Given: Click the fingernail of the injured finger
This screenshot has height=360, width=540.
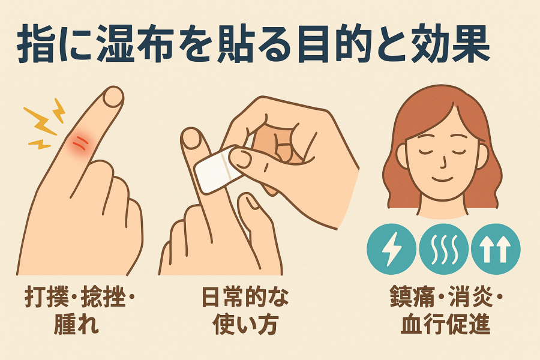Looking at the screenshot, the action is [113, 96].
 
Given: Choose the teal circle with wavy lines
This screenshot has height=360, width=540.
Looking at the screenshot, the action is [444, 249].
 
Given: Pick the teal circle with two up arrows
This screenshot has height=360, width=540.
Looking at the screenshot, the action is [496, 249].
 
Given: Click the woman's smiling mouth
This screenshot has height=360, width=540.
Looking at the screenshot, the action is [443, 179].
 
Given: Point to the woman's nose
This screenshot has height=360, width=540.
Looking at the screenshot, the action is [444, 161].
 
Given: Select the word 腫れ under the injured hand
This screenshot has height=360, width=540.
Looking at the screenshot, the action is [76, 323].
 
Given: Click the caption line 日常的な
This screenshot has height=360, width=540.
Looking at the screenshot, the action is [245, 297].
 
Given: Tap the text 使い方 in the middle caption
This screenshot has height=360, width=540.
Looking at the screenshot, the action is [245, 323].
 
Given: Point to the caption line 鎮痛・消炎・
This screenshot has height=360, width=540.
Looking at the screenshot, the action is [446, 297].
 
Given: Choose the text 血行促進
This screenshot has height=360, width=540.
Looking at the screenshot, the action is [445, 323].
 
